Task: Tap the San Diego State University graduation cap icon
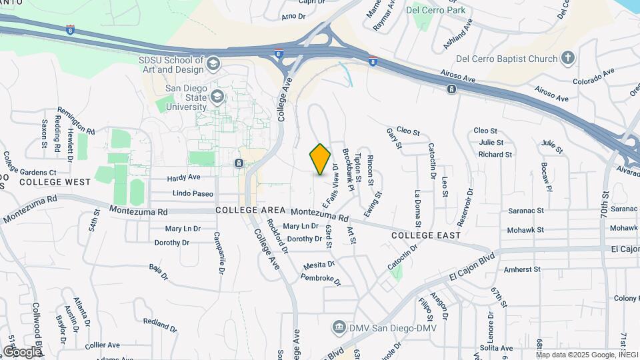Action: pos(217,97)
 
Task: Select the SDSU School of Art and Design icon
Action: pos(213,64)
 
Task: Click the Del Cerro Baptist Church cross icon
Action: pos(567,59)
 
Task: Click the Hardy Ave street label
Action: pos(183,178)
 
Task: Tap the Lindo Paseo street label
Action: pos(193,194)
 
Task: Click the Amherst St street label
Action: pos(522,269)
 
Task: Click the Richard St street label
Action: pos(495,155)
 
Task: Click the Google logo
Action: pos(22,351)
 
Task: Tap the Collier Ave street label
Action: pos(102,345)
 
